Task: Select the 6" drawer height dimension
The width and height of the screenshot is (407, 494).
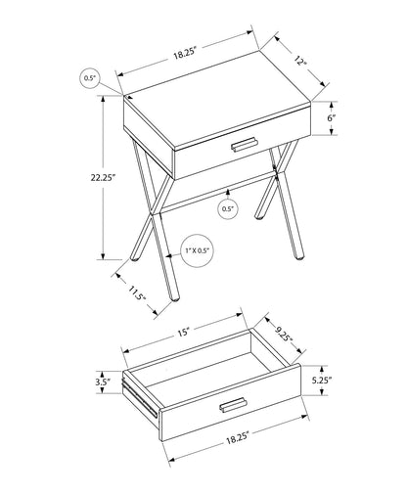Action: pyautogui.click(x=333, y=117)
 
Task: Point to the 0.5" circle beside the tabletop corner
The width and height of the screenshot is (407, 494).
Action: pyautogui.click(x=92, y=76)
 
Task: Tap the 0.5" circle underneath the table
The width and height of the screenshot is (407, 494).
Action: pyautogui.click(x=227, y=208)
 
